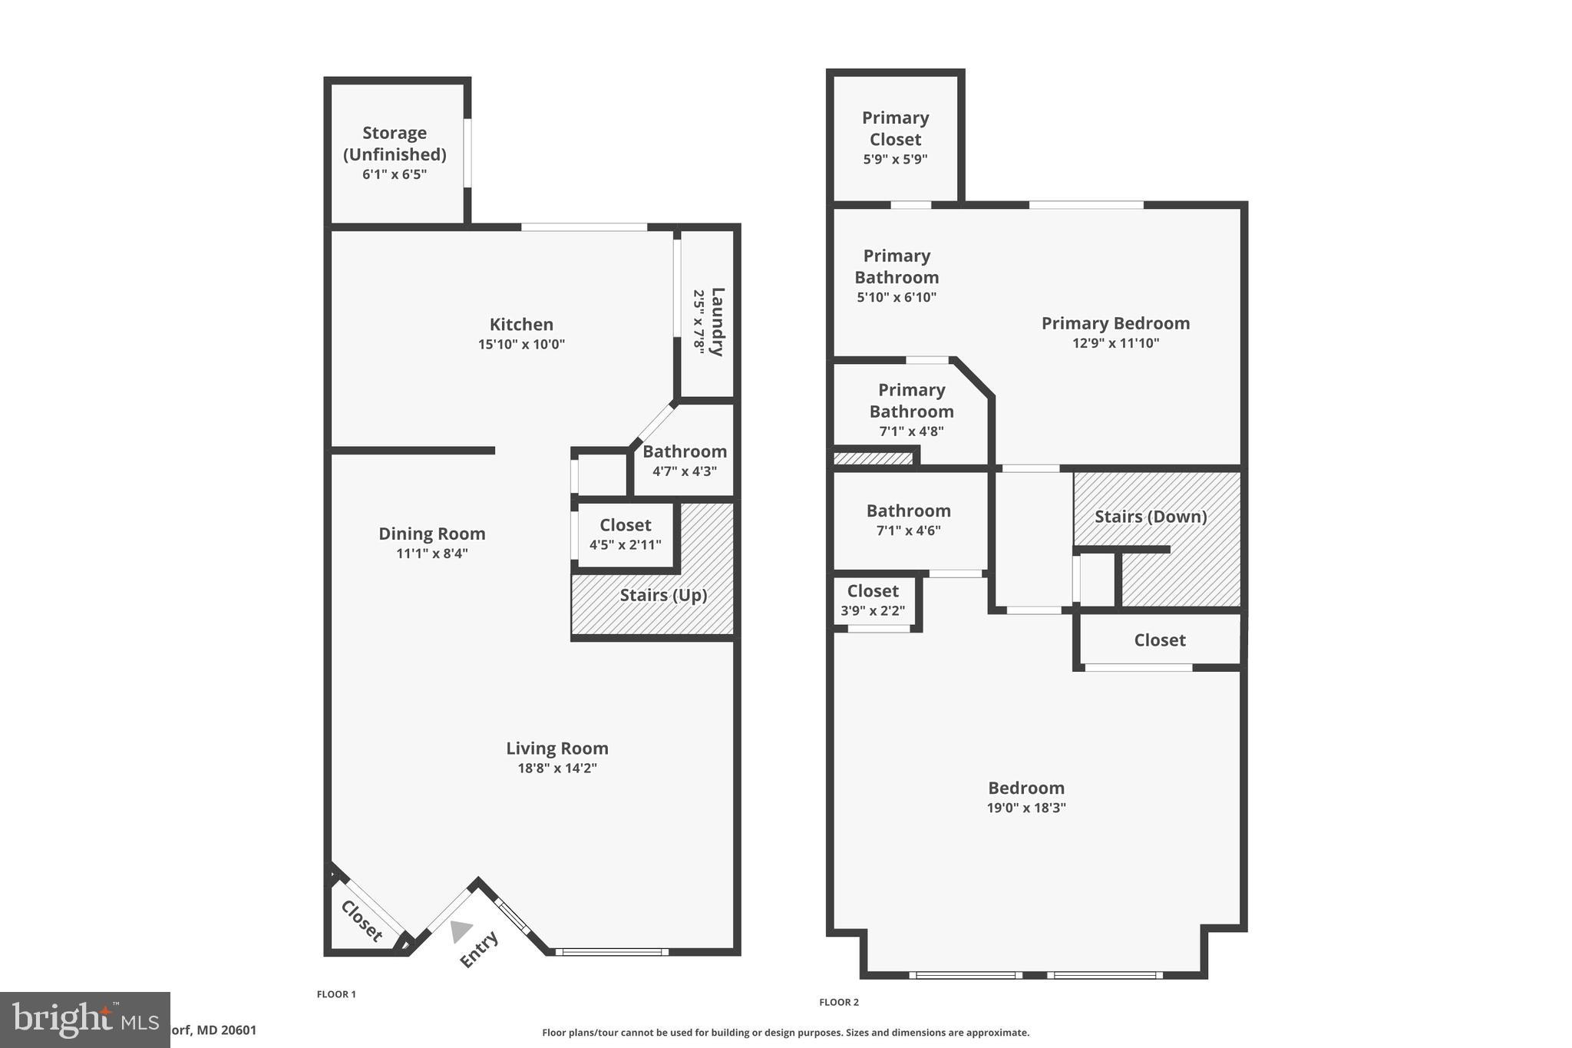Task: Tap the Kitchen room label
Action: click(521, 324)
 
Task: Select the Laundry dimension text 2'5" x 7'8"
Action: click(698, 321)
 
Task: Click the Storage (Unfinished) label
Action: click(395, 144)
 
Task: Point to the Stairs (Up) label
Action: click(663, 595)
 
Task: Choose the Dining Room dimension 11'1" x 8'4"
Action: click(432, 554)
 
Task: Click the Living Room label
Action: click(557, 748)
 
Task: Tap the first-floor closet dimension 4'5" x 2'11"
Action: click(625, 545)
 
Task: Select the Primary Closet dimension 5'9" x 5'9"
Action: click(895, 160)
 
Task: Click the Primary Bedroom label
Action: click(1115, 323)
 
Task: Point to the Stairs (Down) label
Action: click(1151, 517)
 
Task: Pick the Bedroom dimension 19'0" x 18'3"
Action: click(1026, 808)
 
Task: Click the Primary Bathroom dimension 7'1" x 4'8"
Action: click(911, 431)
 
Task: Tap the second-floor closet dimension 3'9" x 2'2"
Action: click(873, 611)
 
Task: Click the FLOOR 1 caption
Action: click(336, 994)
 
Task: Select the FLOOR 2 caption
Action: click(838, 1002)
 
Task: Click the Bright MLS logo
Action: click(84, 1020)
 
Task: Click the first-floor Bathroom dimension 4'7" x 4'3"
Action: click(685, 471)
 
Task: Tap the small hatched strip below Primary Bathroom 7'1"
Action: click(873, 458)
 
